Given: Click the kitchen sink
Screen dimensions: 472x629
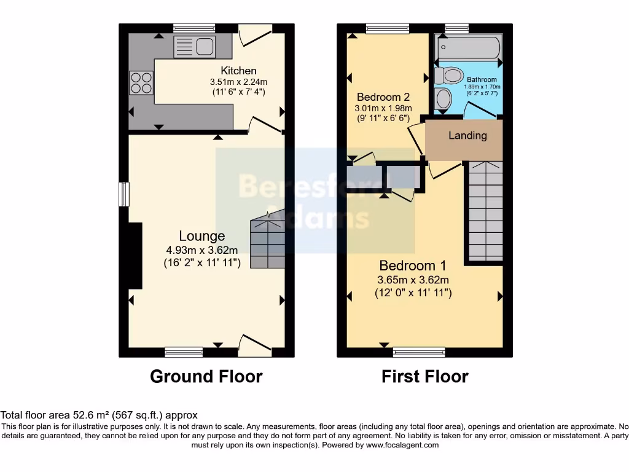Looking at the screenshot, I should (193, 44).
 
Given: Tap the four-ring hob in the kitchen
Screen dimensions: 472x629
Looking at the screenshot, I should (141, 82).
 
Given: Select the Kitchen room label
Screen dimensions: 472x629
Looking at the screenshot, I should (238, 71).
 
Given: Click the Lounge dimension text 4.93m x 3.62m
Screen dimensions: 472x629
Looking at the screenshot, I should (201, 250).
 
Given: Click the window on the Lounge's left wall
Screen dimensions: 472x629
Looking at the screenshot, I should (124, 194).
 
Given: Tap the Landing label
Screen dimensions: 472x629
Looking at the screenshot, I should (467, 136).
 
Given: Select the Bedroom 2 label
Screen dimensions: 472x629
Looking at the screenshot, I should (383, 97).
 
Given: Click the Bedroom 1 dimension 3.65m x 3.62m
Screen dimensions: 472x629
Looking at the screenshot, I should (413, 280).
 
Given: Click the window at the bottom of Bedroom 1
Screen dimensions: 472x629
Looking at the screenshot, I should (419, 352).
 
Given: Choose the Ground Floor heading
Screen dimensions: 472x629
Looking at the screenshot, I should (206, 376).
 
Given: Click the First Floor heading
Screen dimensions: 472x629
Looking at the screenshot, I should (424, 376).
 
